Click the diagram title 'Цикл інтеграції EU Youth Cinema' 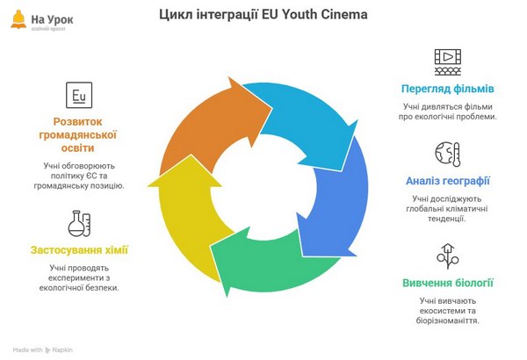coord(263,15)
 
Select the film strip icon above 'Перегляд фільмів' coord(447,61)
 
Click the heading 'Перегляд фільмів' coord(447,89)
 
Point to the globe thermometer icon coord(447,154)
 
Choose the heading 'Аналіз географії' coord(447,182)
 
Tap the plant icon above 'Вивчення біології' coord(447,256)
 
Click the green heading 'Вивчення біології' coord(447,283)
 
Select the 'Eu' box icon coord(79,93)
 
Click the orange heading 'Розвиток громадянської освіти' coord(79,135)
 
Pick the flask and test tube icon coord(79,223)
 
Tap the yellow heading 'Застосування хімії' coord(79,250)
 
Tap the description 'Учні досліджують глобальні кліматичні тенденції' coord(447,208)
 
